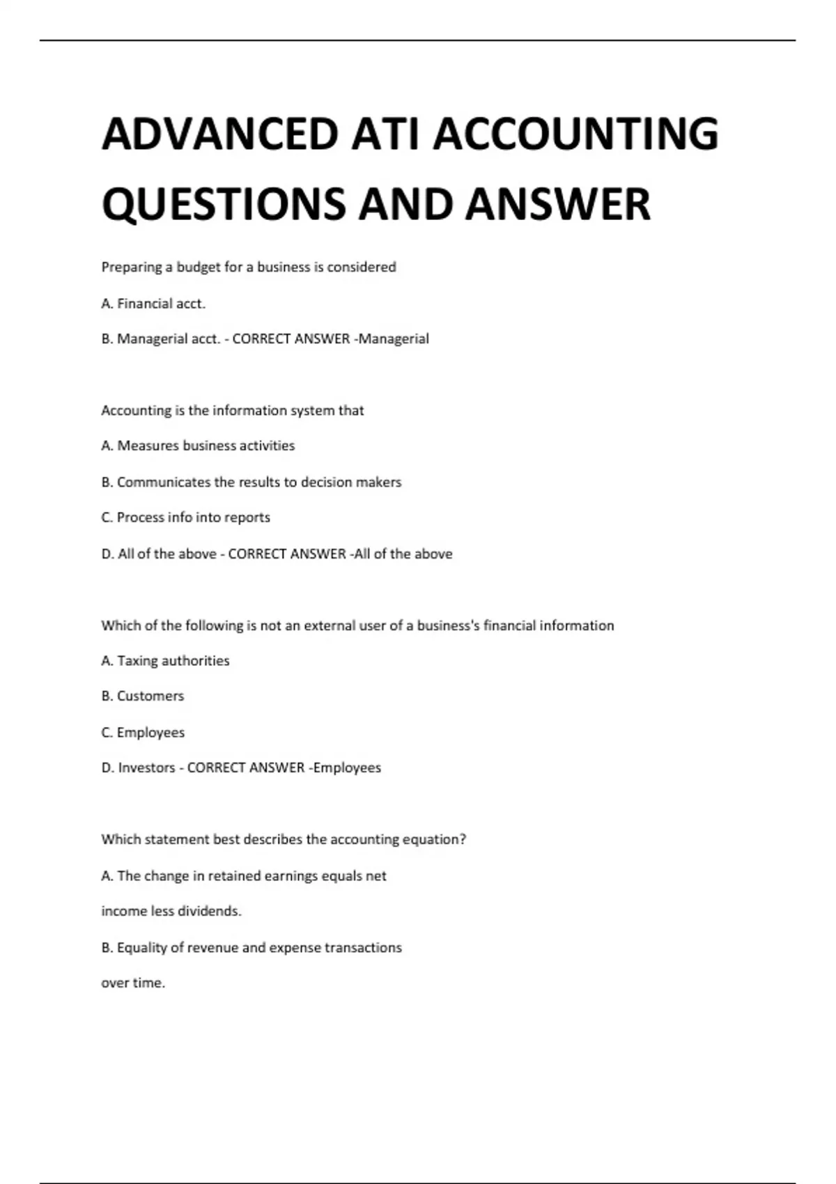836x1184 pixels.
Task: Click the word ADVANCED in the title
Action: pos(219,134)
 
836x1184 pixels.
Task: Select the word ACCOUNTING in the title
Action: pos(575,134)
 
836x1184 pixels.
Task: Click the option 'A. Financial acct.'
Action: pos(153,304)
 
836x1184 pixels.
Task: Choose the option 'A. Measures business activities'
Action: pos(198,446)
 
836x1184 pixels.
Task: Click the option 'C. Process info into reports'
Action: pos(185,517)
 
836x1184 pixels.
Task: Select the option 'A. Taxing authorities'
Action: pos(165,661)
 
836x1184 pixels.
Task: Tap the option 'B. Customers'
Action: pos(143,696)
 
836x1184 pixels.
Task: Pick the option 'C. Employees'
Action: pos(143,733)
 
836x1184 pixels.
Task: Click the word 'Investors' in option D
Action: pos(146,768)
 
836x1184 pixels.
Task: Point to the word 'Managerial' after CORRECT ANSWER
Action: pos(394,339)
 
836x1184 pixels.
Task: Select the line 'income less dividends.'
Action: pos(171,911)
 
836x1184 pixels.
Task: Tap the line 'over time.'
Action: pos(133,983)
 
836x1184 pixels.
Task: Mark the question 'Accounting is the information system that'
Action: pos(233,411)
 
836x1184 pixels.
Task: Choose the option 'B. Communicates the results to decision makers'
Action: pos(251,482)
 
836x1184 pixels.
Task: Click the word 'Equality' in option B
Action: pos(142,948)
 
